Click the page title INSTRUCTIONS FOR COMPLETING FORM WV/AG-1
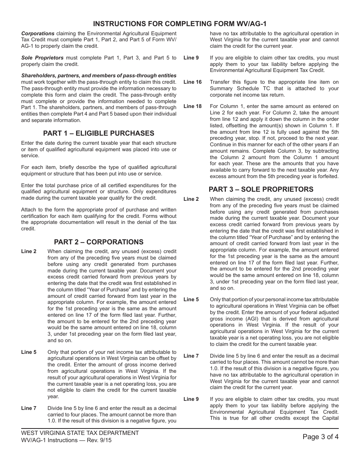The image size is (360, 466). tap(180, 23)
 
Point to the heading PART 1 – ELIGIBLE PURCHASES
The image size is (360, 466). tap(99, 133)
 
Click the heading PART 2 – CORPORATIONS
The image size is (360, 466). tap(99, 242)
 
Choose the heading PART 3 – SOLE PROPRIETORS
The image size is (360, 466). tap(261, 189)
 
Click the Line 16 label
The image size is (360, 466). tap(193, 82)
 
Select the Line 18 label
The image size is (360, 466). tap(193, 106)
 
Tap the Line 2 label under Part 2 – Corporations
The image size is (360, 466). tap(29, 252)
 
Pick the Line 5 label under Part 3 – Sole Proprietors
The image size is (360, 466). tap(191, 300)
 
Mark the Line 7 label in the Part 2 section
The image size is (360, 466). tap(29, 408)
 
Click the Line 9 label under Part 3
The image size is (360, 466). tap(191, 399)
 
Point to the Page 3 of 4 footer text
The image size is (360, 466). tap(321, 436)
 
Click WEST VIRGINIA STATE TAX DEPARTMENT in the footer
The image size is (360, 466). tap(80, 433)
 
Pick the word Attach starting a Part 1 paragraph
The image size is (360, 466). tap(29, 210)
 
